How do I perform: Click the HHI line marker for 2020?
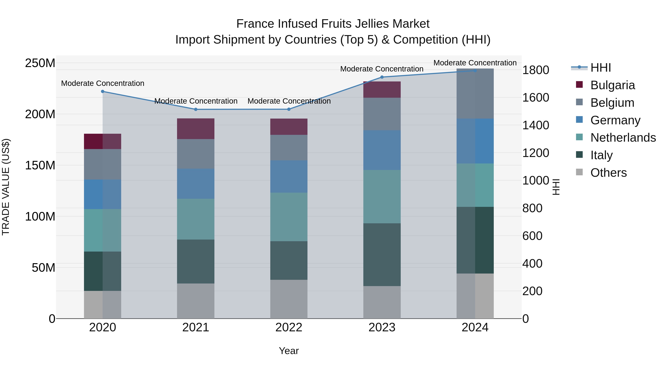click(x=103, y=91)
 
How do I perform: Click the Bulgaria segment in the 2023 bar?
click(x=382, y=90)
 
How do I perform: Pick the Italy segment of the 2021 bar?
click(x=196, y=262)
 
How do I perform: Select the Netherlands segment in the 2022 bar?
click(x=289, y=217)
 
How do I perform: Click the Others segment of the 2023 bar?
click(x=382, y=302)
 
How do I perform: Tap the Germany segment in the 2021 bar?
click(x=196, y=184)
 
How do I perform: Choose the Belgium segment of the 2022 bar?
click(x=289, y=147)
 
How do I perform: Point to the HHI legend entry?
click(x=601, y=68)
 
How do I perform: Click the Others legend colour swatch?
click(x=579, y=172)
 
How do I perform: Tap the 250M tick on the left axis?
click(x=40, y=63)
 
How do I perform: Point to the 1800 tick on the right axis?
click(x=535, y=70)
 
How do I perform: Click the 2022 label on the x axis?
click(x=289, y=327)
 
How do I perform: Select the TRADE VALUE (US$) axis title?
click(x=6, y=187)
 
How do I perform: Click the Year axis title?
click(x=289, y=351)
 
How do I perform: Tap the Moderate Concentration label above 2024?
click(x=475, y=63)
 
